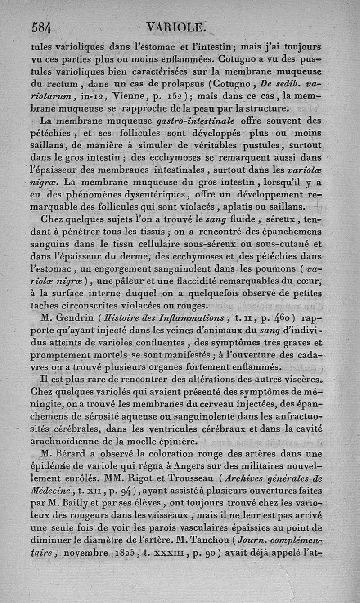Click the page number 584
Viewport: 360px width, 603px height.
pos(41,28)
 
